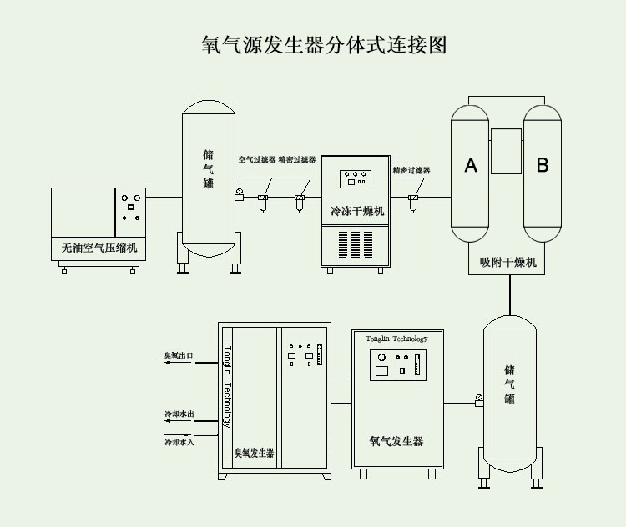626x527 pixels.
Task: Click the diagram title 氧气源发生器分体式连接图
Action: pyautogui.click(x=325, y=44)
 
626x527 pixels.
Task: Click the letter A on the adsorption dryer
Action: pyautogui.click(x=471, y=165)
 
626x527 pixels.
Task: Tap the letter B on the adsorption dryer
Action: pyautogui.click(x=542, y=165)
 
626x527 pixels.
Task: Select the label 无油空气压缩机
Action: pyautogui.click(x=98, y=248)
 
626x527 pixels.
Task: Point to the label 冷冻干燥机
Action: pyautogui.click(x=357, y=212)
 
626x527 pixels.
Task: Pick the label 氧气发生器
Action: pyautogui.click(x=396, y=440)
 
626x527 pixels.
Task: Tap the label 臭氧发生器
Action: pyautogui.click(x=254, y=454)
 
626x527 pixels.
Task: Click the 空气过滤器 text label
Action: pyautogui.click(x=257, y=159)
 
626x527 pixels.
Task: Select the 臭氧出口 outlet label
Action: pyautogui.click(x=178, y=356)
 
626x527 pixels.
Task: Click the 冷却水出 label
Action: pyautogui.click(x=179, y=414)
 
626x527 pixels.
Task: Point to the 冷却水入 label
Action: pyautogui.click(x=179, y=441)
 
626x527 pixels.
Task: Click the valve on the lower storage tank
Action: pyautogui.click(x=478, y=399)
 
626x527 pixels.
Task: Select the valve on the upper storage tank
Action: pyautogui.click(x=239, y=194)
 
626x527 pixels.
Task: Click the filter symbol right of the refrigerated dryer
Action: pyautogui.click(x=411, y=201)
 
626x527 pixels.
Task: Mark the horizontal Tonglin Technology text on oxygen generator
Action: pyautogui.click(x=396, y=339)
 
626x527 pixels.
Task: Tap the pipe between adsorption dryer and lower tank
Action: pyautogui.click(x=509, y=294)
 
